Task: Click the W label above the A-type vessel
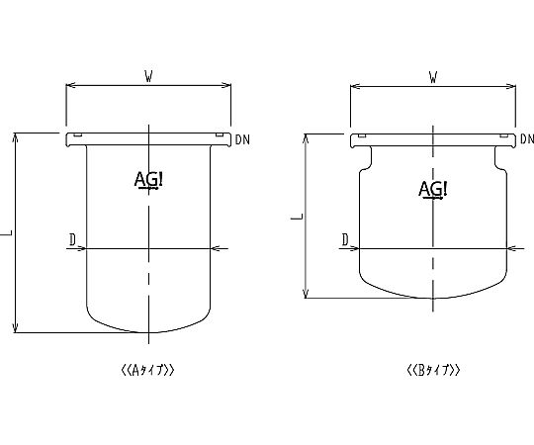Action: [148, 77]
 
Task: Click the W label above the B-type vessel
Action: [433, 78]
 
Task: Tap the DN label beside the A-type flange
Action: [242, 139]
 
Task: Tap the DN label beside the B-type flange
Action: [527, 138]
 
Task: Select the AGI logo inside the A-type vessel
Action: [148, 180]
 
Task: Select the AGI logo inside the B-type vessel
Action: [433, 189]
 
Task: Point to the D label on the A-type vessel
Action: [72, 239]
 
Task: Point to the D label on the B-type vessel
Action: [345, 239]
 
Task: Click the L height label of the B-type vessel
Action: [298, 217]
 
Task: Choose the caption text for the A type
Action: [147, 370]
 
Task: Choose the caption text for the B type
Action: [433, 370]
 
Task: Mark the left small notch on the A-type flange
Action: [78, 135]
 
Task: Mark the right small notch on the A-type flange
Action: [220, 135]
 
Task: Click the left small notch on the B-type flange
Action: [362, 135]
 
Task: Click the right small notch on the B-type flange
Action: [504, 135]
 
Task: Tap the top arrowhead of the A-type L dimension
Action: [15, 136]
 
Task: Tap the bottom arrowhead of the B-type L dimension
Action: [306, 294]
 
